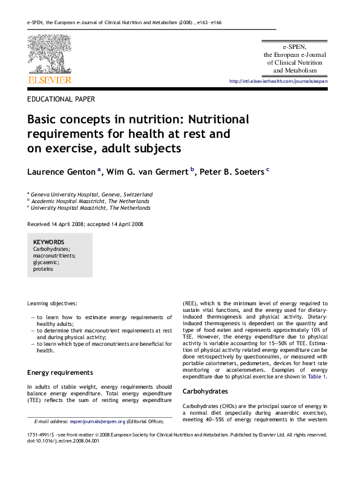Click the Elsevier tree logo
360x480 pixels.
49,54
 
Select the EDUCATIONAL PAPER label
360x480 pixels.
61,99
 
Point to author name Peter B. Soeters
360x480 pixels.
232,172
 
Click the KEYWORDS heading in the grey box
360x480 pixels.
48,242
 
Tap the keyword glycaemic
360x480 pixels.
46,262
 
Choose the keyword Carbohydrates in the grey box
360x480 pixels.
51,249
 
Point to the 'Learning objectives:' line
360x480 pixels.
53,303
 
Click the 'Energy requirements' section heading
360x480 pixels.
60,372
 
